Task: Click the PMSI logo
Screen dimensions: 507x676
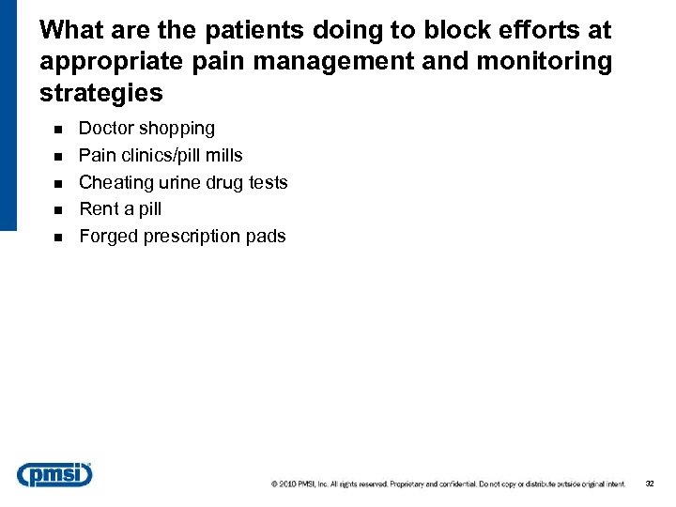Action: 55,475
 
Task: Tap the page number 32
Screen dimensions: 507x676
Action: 649,484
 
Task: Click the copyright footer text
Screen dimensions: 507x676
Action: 448,484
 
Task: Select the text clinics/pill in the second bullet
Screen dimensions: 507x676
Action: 161,156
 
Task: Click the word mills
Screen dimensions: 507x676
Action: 223,156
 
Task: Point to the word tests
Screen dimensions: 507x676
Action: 267,183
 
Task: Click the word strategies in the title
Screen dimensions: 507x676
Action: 101,94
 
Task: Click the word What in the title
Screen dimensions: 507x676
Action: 71,30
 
